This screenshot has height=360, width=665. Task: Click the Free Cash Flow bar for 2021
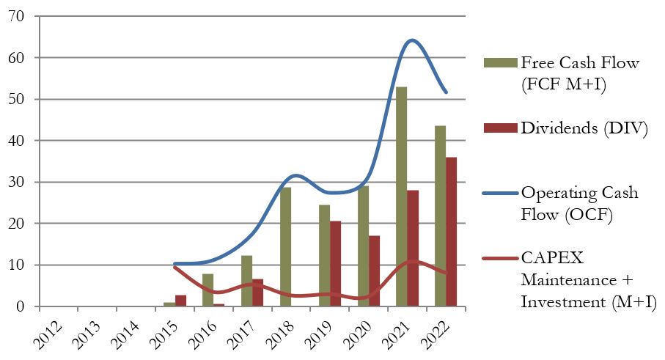pyautogui.click(x=401, y=196)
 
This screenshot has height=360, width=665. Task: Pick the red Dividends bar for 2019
pyautogui.click(x=335, y=263)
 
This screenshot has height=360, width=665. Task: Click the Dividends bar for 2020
pyautogui.click(x=374, y=271)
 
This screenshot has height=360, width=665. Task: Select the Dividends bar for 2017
pyautogui.click(x=257, y=293)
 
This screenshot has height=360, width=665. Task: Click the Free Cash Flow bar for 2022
pyautogui.click(x=440, y=216)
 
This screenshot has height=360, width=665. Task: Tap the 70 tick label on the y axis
pyautogui.click(x=14, y=16)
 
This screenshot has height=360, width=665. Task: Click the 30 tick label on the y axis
pyautogui.click(x=14, y=182)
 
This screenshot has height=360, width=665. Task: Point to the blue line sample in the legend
pyautogui.click(x=499, y=193)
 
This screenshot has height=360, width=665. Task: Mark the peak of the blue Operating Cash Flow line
pyautogui.click(x=412, y=40)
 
